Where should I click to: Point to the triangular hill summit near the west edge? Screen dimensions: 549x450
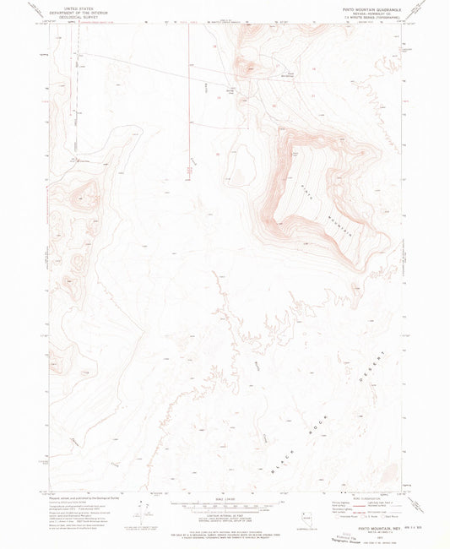point(85,199)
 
